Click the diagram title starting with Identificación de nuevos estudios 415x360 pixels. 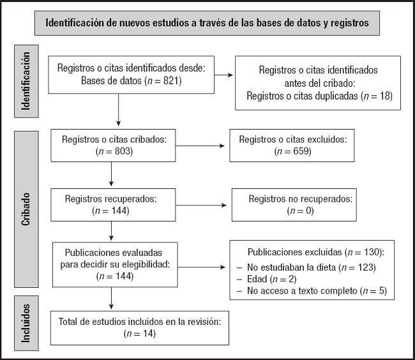pyautogui.click(x=207, y=24)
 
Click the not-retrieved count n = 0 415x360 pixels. pyautogui.click(x=291, y=211)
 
